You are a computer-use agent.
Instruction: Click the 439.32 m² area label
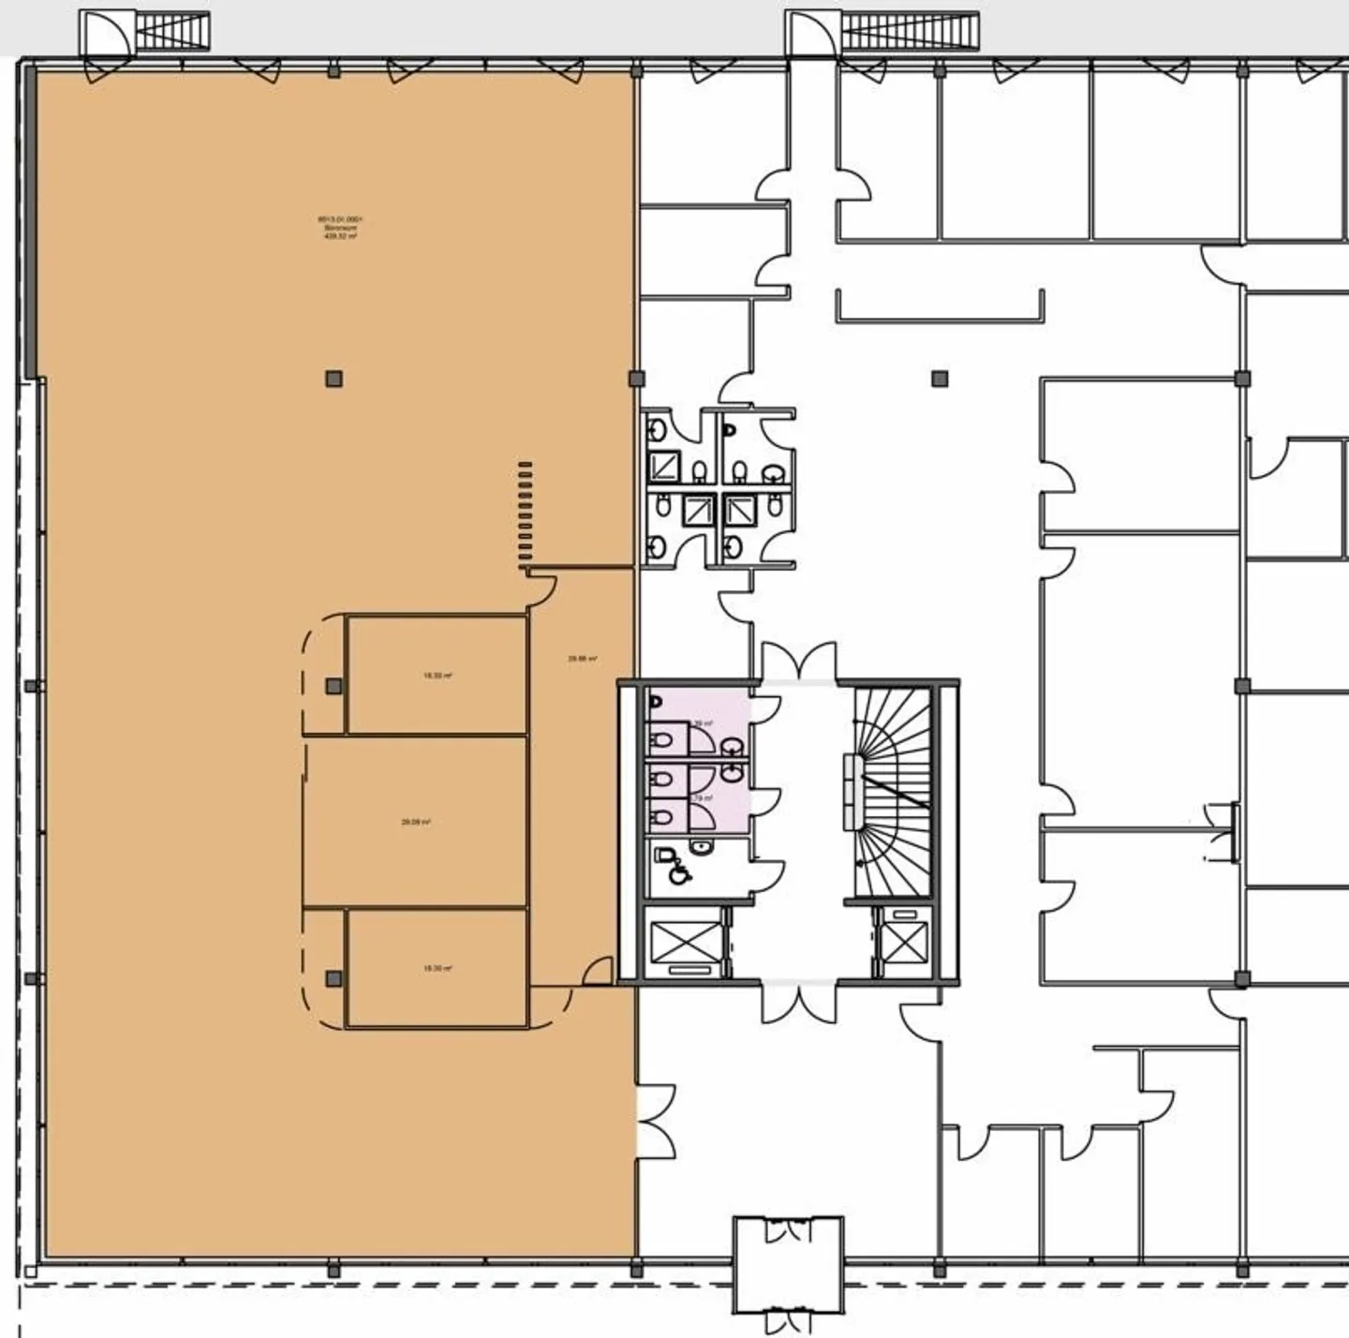point(340,228)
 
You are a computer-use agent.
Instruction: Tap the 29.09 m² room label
point(416,822)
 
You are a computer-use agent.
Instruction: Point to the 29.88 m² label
point(583,659)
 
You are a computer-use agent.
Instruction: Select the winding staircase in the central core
point(893,792)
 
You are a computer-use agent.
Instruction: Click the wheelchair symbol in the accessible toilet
point(679,874)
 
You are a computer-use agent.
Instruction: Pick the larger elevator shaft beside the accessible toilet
point(685,942)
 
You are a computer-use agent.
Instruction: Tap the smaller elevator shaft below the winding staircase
point(904,942)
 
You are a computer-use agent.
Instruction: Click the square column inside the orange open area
point(334,379)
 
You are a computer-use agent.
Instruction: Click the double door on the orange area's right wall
point(656,1121)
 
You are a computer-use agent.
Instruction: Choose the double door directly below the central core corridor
point(798,1001)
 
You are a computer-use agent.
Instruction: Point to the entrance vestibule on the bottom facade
point(788,1265)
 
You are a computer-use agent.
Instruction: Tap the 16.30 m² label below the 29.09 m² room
point(437,968)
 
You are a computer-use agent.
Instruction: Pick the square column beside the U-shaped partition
point(940,379)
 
